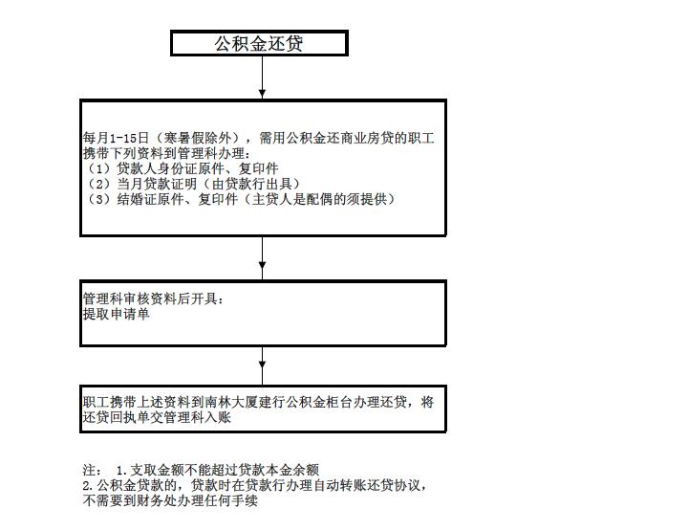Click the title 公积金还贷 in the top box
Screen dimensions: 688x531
pyautogui.click(x=259, y=43)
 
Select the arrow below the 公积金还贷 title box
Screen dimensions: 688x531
pyautogui.click(x=262, y=77)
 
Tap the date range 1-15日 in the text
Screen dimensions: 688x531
pyautogui.click(x=129, y=139)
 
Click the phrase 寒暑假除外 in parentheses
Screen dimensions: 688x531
pyautogui.click(x=197, y=139)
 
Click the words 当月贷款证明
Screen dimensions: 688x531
pyautogui.click(x=157, y=184)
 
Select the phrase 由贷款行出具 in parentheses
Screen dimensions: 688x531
pyautogui.click(x=251, y=184)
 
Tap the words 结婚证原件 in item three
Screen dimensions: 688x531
pyautogui.click(x=150, y=199)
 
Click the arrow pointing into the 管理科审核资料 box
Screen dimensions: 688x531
pyautogui.click(x=262, y=258)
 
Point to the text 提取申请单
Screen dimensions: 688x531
pyautogui.click(x=117, y=314)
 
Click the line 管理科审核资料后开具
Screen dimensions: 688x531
pyautogui.click(x=150, y=299)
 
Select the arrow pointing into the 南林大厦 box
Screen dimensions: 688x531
pyautogui.click(x=262, y=365)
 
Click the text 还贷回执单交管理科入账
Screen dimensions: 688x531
pyautogui.click(x=157, y=417)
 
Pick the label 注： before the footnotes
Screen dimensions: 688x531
pyautogui.click(x=93, y=470)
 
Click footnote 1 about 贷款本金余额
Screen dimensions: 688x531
pyautogui.click(x=217, y=470)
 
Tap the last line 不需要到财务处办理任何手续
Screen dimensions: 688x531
pyautogui.click(x=170, y=500)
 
